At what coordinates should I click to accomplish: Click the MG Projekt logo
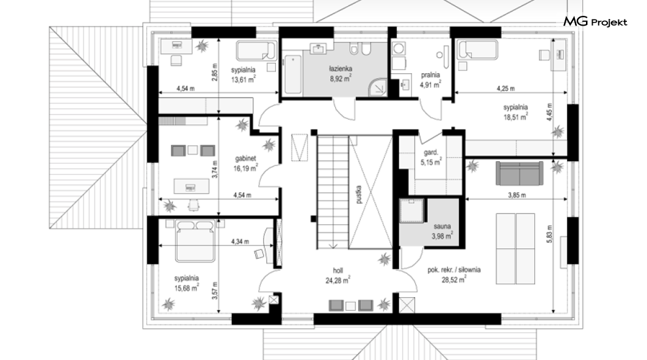[x=595, y=22]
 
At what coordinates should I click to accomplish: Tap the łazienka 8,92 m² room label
[x=341, y=73]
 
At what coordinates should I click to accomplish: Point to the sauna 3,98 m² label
[x=442, y=231]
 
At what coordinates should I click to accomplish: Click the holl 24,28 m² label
[x=338, y=276]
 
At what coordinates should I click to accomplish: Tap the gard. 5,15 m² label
[x=431, y=157]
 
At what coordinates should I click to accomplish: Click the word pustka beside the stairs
[x=358, y=194]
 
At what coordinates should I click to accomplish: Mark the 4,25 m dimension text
[x=505, y=88]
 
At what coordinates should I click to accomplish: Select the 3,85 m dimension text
[x=516, y=195]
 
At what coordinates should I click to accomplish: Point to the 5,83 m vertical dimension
[x=549, y=234]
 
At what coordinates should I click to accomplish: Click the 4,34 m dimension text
[x=240, y=242]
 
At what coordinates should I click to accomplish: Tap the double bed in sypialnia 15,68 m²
[x=195, y=241]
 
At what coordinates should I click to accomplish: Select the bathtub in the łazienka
[x=292, y=74]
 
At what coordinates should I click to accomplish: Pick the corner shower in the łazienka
[x=378, y=86]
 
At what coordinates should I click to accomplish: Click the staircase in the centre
[x=333, y=192]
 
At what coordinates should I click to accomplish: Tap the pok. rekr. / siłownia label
[x=454, y=270]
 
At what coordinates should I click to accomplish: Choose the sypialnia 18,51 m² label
[x=515, y=112]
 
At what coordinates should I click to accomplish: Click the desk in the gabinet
[x=191, y=186]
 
